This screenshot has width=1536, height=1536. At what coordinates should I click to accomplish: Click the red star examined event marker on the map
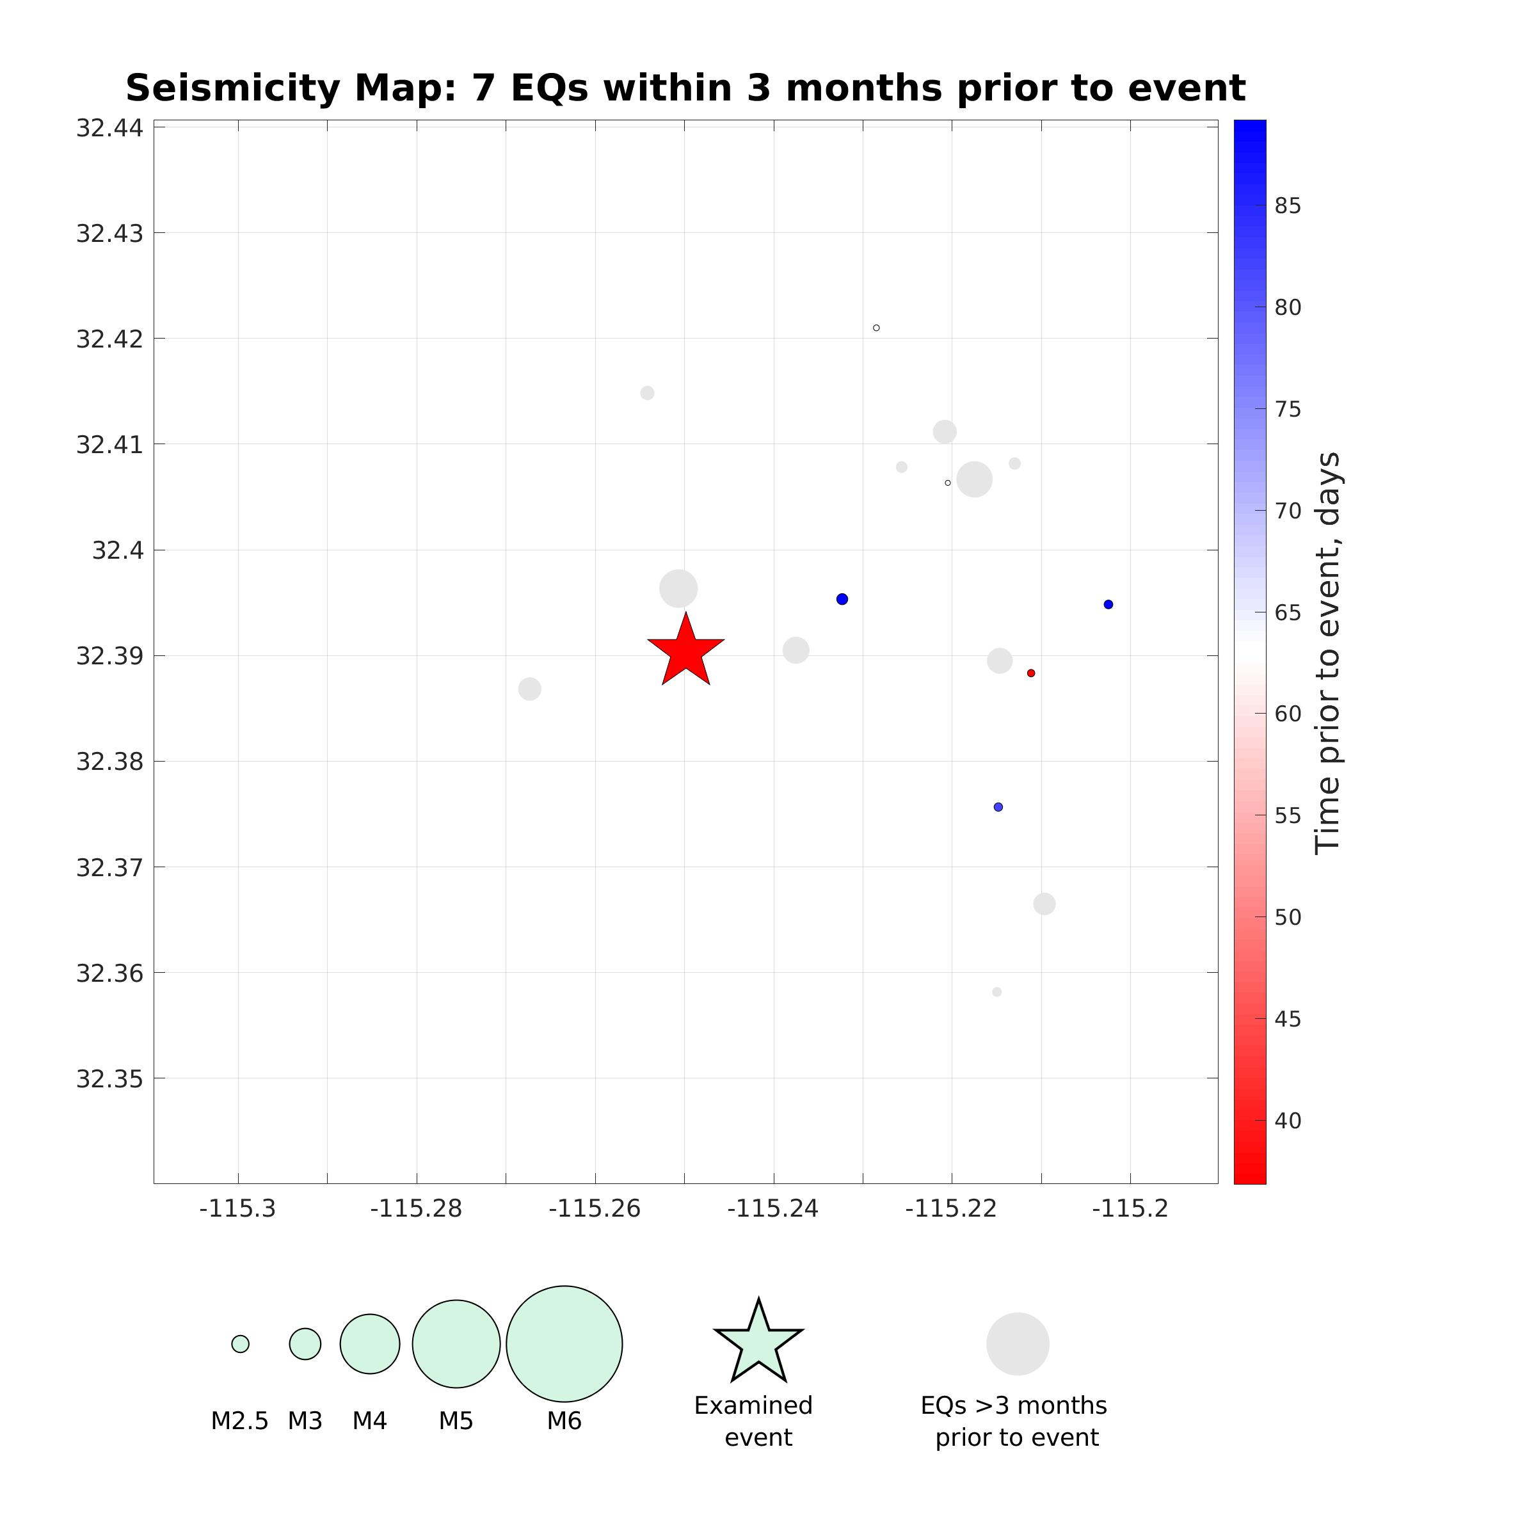click(x=685, y=651)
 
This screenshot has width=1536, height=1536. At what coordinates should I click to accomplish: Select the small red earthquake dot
click(x=1031, y=673)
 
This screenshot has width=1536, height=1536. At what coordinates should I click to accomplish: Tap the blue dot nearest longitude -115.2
click(x=1108, y=604)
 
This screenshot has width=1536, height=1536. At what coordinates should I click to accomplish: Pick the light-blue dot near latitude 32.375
click(x=998, y=807)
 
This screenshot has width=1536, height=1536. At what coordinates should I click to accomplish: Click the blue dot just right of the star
click(x=842, y=600)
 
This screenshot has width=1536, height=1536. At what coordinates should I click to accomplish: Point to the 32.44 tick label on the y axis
click(x=109, y=128)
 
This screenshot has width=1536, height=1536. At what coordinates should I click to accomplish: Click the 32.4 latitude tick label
click(x=118, y=550)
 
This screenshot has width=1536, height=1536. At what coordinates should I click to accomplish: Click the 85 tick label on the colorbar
click(x=1288, y=206)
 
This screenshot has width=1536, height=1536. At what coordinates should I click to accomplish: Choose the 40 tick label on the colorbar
click(x=1288, y=1121)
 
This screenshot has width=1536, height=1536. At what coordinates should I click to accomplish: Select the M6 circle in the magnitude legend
click(x=564, y=1343)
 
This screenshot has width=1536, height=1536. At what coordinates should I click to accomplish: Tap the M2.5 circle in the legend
click(x=240, y=1343)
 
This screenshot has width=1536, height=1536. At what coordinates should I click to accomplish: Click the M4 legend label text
click(x=370, y=1421)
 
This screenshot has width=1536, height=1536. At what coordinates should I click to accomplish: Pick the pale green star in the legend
click(x=758, y=1343)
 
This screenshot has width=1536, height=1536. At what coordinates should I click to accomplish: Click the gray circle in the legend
click(x=1018, y=1343)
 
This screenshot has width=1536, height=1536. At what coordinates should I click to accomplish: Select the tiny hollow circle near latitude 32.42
click(x=876, y=328)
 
